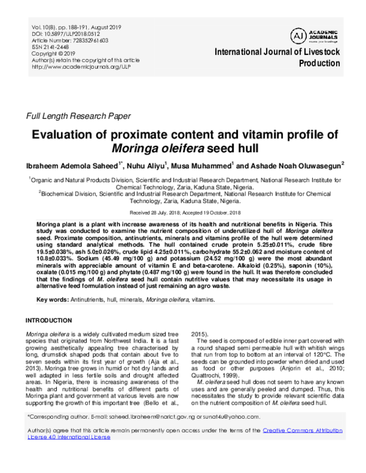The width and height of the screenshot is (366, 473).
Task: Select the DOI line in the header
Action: tap(63, 34)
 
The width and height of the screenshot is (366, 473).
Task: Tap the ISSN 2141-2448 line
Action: tap(51, 47)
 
